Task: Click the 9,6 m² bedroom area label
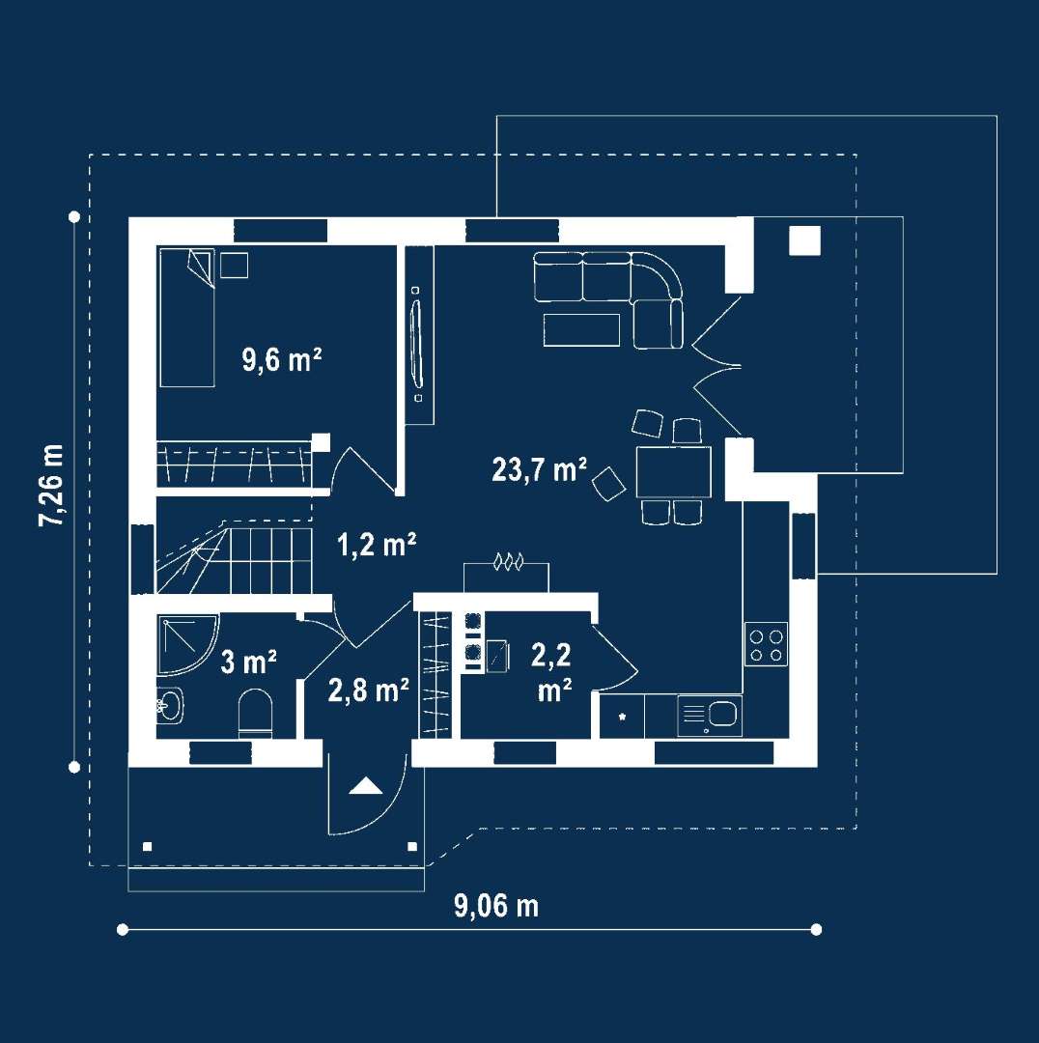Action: [282, 360]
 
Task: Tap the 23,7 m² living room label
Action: [540, 469]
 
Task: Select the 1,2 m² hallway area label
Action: [377, 545]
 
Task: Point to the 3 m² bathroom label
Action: [248, 662]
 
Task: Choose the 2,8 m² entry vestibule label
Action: [368, 690]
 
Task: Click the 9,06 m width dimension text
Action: [496, 906]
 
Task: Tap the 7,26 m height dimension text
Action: [51, 485]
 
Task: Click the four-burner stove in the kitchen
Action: [766, 644]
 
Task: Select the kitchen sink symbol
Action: [710, 716]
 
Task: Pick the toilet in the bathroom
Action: [256, 713]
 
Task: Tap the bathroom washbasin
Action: [170, 705]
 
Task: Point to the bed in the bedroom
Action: [187, 318]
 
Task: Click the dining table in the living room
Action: [673, 472]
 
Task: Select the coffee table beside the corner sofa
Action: [581, 330]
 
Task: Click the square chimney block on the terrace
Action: [805, 240]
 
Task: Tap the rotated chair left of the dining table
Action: [608, 484]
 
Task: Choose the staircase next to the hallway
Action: [234, 560]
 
